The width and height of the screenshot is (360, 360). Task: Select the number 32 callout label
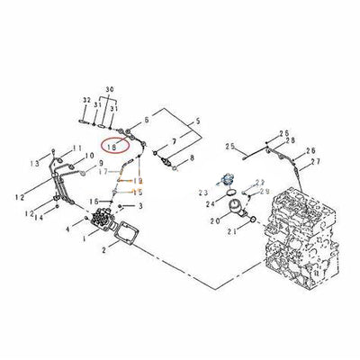85,100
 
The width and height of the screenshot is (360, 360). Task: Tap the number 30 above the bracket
110,91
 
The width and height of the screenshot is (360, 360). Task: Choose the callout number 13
33,163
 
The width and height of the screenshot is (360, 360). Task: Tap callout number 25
229,146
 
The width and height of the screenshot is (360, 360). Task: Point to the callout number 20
216,220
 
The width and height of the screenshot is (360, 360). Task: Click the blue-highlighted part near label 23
232,180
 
